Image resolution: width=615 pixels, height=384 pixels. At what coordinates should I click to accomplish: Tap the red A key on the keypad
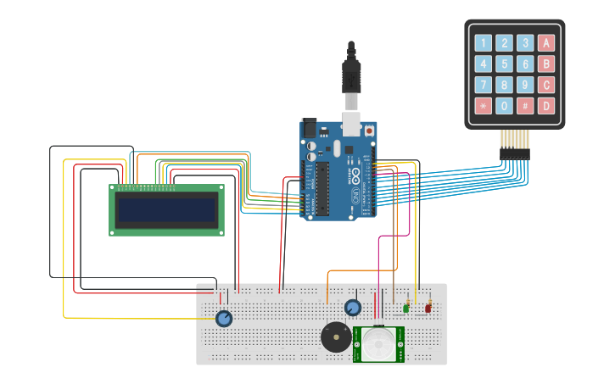pyautogui.click(x=546, y=43)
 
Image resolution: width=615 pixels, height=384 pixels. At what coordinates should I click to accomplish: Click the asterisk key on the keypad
pyautogui.click(x=483, y=106)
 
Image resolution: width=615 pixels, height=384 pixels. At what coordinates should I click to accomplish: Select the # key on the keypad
pyautogui.click(x=525, y=106)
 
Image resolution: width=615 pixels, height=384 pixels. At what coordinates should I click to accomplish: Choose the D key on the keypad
pyautogui.click(x=546, y=106)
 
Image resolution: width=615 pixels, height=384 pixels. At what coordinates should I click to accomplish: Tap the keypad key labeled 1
pyautogui.click(x=483, y=43)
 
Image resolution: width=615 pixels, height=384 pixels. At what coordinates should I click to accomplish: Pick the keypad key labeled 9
pyautogui.click(x=525, y=85)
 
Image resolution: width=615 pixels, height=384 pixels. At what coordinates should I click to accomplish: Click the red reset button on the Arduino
pyautogui.click(x=369, y=131)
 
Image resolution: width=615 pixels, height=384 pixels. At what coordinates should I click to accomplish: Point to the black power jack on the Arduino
pyautogui.click(x=310, y=128)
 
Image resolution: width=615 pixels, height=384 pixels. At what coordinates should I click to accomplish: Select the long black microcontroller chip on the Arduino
pyautogui.click(x=322, y=186)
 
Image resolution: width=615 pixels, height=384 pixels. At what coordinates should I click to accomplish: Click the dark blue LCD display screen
pyautogui.click(x=167, y=209)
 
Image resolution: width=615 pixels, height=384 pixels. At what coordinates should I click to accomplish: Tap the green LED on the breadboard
pyautogui.click(x=406, y=308)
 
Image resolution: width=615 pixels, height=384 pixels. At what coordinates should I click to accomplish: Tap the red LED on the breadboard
pyautogui.click(x=428, y=308)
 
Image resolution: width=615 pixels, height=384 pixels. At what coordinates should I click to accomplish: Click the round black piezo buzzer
pyautogui.click(x=336, y=337)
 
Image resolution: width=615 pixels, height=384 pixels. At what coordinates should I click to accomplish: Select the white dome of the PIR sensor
pyautogui.click(x=378, y=344)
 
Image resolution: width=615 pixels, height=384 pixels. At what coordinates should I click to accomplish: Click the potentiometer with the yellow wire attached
pyautogui.click(x=224, y=319)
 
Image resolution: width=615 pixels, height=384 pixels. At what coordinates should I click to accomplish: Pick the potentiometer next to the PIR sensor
pyautogui.click(x=353, y=308)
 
